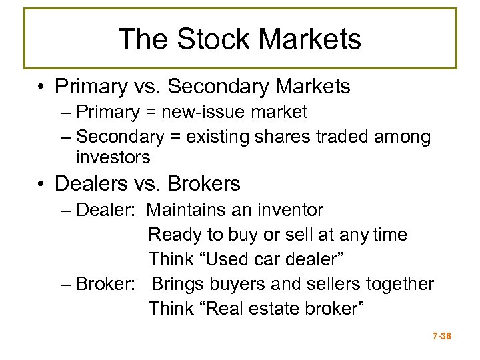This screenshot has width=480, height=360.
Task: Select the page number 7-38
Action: point(441,337)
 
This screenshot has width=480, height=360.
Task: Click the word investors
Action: point(113,157)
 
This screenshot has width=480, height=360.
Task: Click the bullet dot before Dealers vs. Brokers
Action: point(42,183)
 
